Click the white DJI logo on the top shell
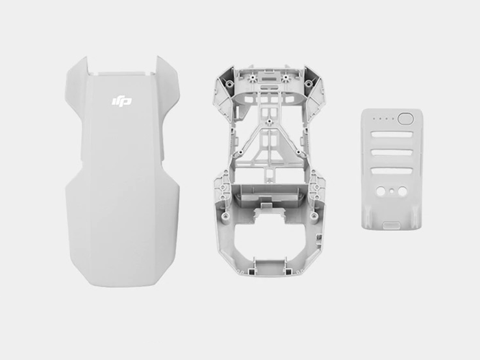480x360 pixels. pos(121,101)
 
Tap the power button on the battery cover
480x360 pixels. pos(405,119)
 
